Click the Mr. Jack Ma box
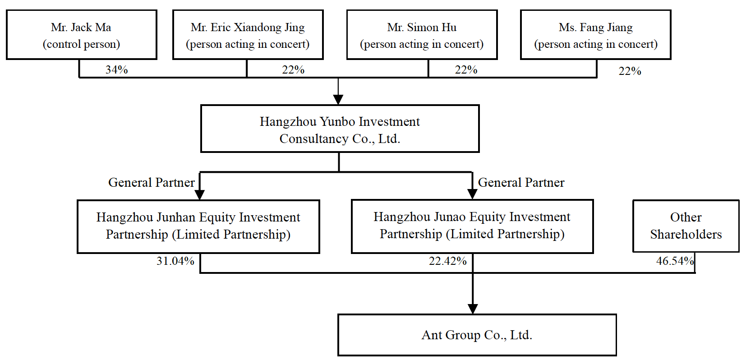[82, 35]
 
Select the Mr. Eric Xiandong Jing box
[248, 35]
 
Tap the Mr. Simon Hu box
[422, 35]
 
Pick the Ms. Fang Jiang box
[596, 35]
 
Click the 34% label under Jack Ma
[116, 69]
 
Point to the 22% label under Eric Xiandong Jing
[293, 69]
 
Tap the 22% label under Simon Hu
[466, 69]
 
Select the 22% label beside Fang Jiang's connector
[630, 71]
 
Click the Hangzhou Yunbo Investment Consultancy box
[340, 129]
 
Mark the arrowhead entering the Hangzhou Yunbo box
[338, 100]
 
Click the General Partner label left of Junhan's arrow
[151, 183]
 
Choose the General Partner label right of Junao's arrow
[521, 183]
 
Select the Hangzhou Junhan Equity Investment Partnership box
[198, 226]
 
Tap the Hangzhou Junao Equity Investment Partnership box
[472, 226]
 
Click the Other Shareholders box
[686, 226]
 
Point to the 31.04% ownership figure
[175, 261]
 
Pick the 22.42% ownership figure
[447, 261]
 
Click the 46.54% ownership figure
[675, 261]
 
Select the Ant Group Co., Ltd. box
[477, 335]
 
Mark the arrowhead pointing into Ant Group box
[473, 309]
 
